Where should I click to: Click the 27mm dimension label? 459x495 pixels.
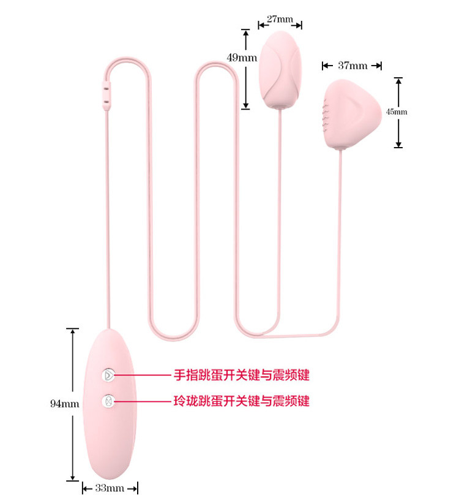[x=280, y=19]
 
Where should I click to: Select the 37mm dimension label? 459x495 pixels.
[x=352, y=66]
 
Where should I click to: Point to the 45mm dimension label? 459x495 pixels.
[x=396, y=112]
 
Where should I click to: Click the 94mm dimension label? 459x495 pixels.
[x=65, y=404]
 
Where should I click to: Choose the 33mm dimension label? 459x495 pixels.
[x=110, y=488]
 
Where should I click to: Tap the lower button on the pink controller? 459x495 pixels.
[x=108, y=401]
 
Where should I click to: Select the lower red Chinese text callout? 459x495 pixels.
[x=241, y=401]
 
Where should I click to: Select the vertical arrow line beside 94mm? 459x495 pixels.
[x=73, y=404]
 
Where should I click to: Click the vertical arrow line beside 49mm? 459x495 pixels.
[x=245, y=69]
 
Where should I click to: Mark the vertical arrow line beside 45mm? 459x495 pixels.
[x=398, y=112]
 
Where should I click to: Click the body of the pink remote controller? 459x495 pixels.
[x=110, y=435]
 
